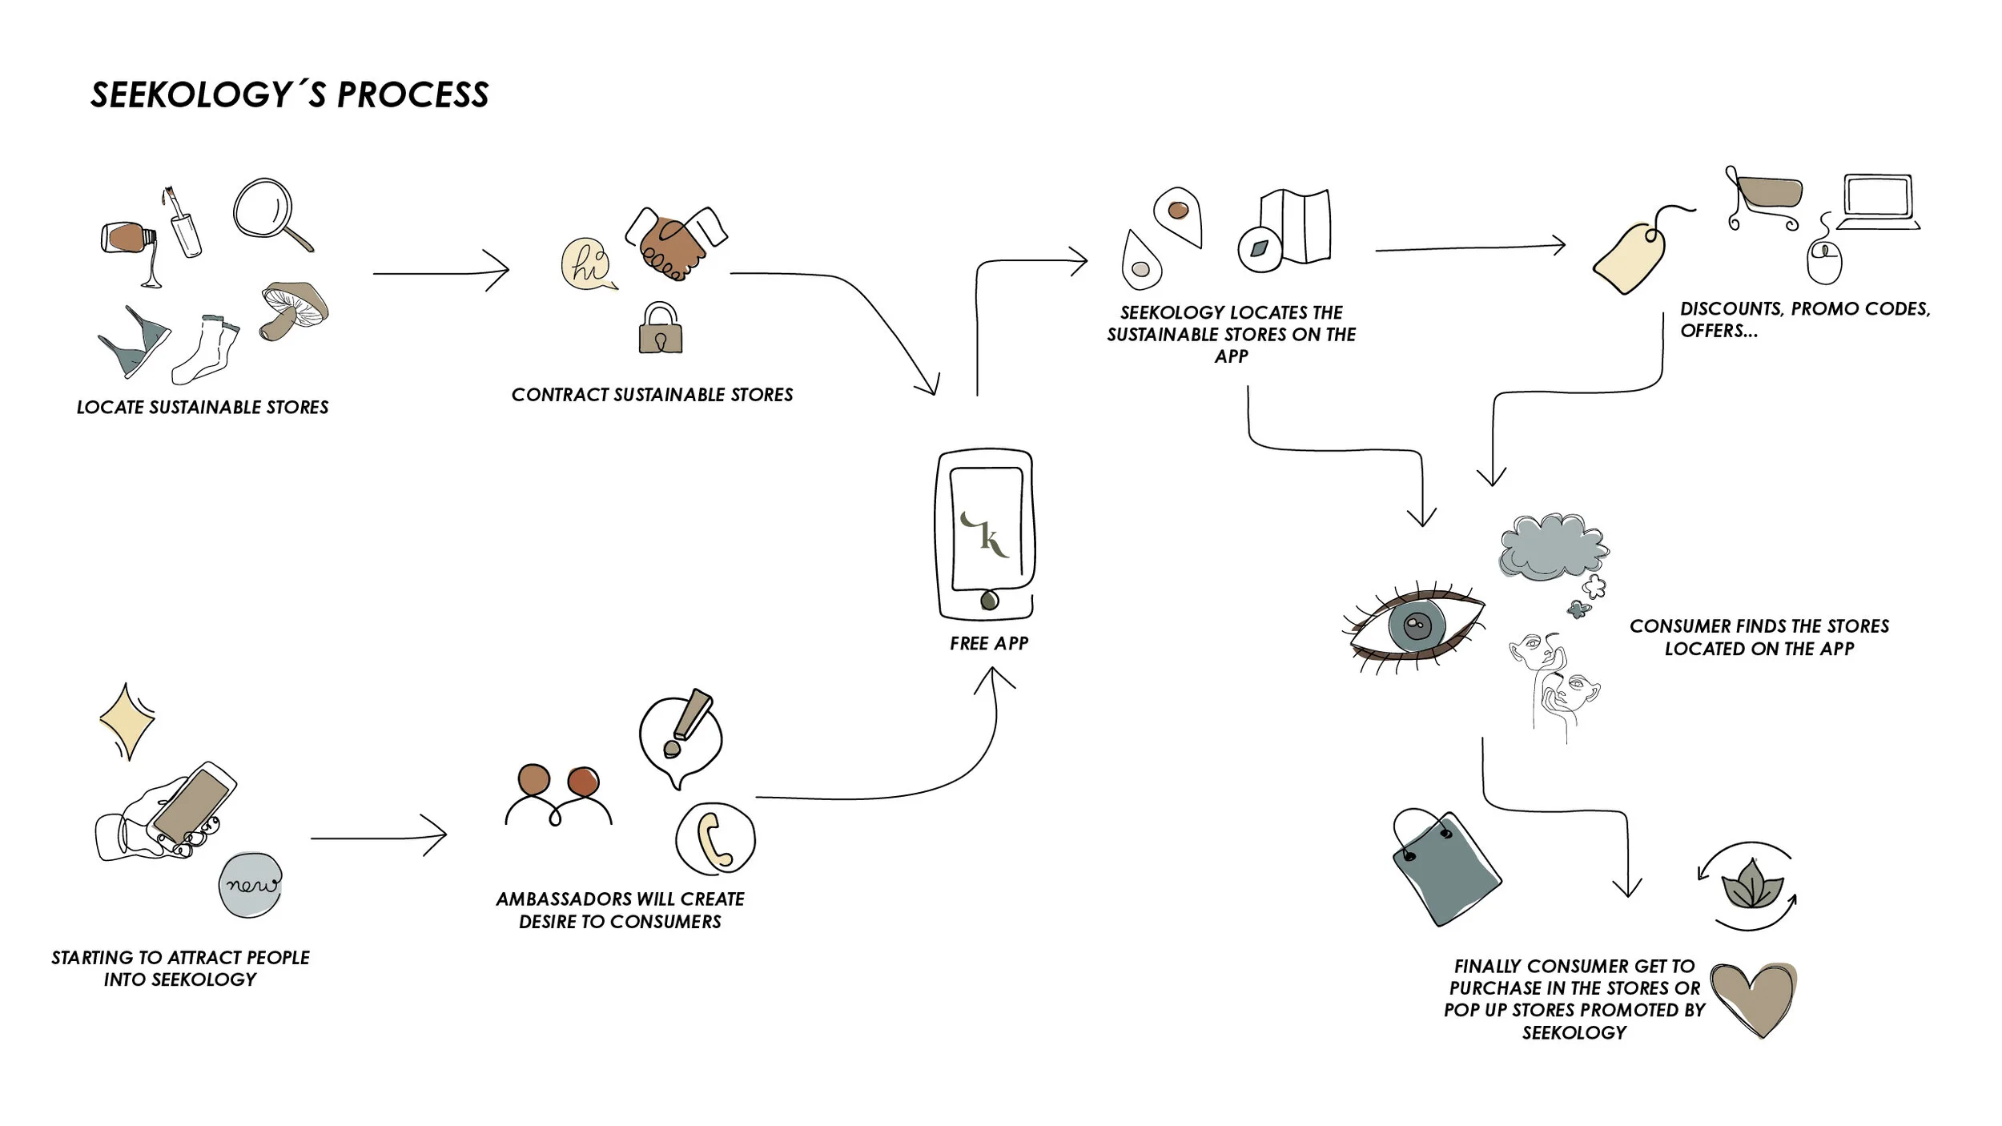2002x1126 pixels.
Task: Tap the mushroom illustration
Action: pos(293,310)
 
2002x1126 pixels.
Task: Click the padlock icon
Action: pos(661,328)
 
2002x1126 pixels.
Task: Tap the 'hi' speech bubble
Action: pos(589,263)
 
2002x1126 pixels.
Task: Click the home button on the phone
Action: pos(989,600)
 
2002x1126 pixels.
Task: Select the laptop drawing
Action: pos(1878,202)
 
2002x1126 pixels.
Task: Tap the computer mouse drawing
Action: pos(1825,261)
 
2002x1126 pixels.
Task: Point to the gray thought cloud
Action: pos(1553,547)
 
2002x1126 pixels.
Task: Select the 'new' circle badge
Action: pos(251,884)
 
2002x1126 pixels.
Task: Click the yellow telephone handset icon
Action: pos(714,839)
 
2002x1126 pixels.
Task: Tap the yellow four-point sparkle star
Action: pos(127,721)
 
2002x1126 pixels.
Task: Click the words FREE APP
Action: pos(989,643)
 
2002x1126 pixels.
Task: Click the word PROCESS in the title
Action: pos(413,95)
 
